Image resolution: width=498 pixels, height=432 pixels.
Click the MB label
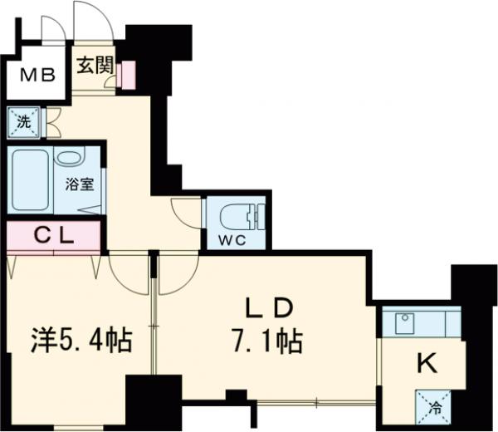(x=37, y=77)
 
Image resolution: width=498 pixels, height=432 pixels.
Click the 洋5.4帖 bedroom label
(x=81, y=341)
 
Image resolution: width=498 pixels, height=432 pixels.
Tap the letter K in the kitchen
(x=426, y=362)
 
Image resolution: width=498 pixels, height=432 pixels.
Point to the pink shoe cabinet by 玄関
(x=127, y=74)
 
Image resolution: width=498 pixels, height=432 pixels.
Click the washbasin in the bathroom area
(x=70, y=159)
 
